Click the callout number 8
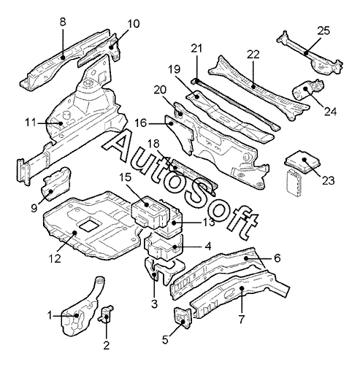tap(63, 22)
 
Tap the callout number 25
tap(323, 31)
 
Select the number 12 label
tap(55, 258)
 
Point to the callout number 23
tap(329, 180)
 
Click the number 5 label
tap(165, 340)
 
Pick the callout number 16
tap(141, 123)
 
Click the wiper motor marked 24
tap(308, 90)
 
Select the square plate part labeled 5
tap(183, 318)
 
